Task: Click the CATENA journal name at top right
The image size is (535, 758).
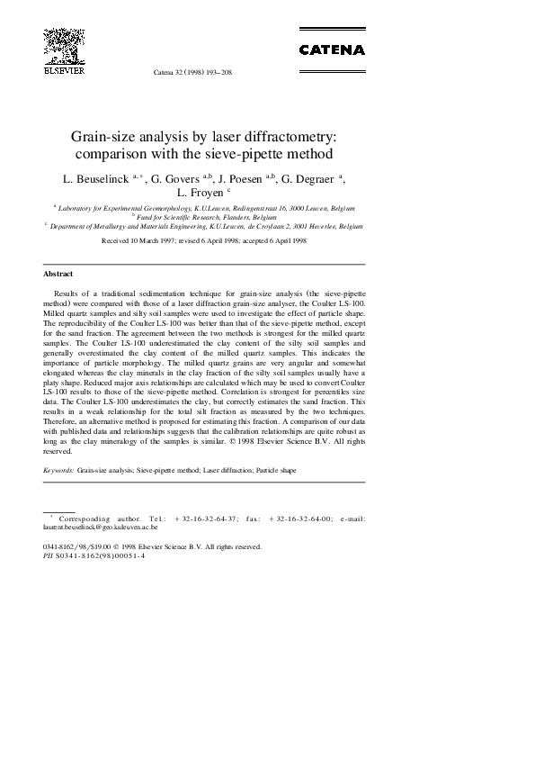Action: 332,50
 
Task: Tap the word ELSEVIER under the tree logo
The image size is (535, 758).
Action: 64,68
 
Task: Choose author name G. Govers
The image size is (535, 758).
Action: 178,179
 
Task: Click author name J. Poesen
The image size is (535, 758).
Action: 240,179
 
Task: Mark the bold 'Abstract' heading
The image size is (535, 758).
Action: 58,273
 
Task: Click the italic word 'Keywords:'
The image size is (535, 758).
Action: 58,470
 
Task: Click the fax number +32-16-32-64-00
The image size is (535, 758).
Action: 300,519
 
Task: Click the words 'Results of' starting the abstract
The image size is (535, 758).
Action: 71,293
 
